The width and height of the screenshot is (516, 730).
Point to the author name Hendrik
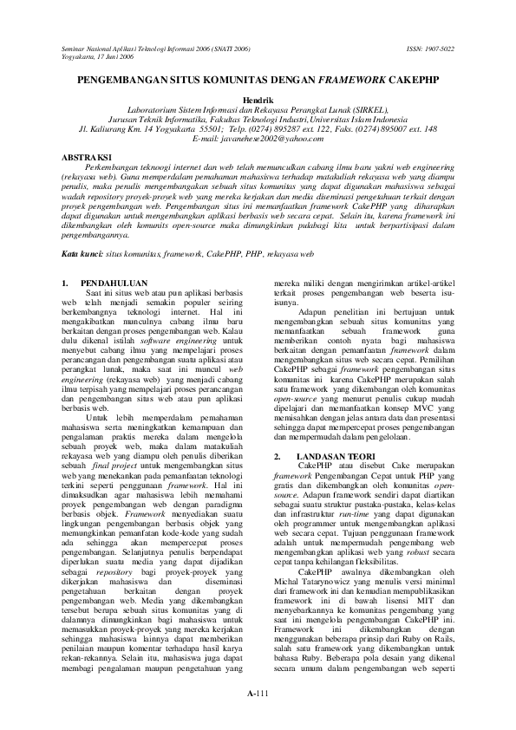click(258, 101)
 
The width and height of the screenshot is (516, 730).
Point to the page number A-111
click(258, 695)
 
